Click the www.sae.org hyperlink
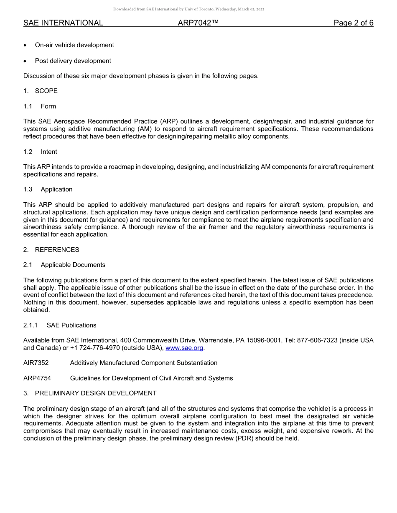[x=184, y=348]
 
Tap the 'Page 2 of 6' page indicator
[x=353, y=23]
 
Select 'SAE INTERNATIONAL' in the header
[x=63, y=23]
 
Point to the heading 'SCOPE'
[x=46, y=91]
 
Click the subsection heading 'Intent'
[x=49, y=152]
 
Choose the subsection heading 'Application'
[x=56, y=189]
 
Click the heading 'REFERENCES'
[x=57, y=250]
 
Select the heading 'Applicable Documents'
[x=73, y=265]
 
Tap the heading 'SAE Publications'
[x=71, y=325]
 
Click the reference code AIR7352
[x=36, y=363]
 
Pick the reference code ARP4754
[x=36, y=378]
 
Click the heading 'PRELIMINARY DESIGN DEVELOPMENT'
[x=96, y=393]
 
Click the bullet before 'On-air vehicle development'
[x=26, y=45]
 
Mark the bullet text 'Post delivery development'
[x=73, y=61]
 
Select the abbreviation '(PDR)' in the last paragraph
[x=244, y=439]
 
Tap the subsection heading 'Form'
[x=48, y=106]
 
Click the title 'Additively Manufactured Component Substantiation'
[x=144, y=363]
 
